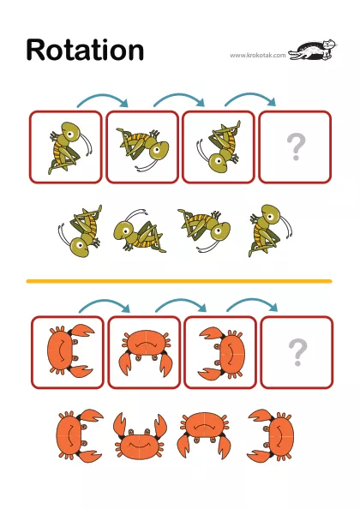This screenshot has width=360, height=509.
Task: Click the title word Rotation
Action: pos(85,50)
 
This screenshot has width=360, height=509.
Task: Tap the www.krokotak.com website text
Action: pos(258,55)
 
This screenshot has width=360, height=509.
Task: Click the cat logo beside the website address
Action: pos(313,50)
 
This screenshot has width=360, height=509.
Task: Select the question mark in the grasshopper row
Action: pos(296,147)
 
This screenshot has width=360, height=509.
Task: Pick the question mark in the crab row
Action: pos(297,352)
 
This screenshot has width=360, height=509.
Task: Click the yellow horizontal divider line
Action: pos(179,281)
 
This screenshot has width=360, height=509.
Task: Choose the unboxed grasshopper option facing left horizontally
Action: pos(140,231)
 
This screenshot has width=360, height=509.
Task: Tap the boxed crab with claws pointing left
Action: pos(222,353)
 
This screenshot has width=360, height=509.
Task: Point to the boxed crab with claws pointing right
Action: pos(71,351)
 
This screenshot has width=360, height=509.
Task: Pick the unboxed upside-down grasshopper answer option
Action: pos(81,231)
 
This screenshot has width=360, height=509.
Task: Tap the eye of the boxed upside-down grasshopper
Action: pos(219,161)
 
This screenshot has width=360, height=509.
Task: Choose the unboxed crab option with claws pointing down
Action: pos(203,434)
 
